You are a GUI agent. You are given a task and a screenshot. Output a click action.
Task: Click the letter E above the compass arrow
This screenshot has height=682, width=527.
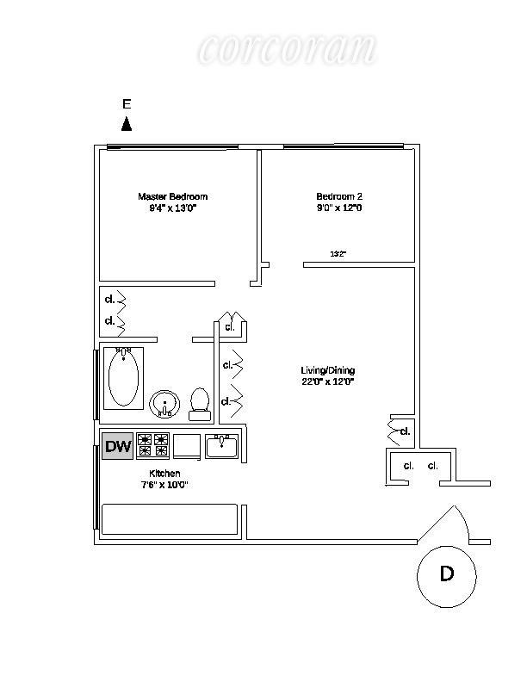tap(127, 104)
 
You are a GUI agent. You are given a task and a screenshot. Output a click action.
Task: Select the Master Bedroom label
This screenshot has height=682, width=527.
tap(173, 196)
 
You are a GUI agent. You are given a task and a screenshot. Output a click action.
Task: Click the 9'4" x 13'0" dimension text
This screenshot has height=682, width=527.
tap(173, 208)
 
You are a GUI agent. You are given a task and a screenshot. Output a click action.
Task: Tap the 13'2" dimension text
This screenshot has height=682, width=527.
tap(338, 254)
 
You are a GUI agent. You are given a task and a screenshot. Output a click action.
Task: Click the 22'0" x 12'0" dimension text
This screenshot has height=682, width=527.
tap(327, 381)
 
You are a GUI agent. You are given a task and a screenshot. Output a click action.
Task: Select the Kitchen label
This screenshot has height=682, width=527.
tap(164, 474)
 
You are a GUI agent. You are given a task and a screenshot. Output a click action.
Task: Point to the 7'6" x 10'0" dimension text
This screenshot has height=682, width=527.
tap(164, 485)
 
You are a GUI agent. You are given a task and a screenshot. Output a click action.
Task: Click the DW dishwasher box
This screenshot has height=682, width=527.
tap(118, 446)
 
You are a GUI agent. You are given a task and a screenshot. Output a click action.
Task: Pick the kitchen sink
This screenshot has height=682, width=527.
tap(222, 445)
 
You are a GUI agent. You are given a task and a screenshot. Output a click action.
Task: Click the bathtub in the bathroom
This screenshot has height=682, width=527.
tap(124, 379)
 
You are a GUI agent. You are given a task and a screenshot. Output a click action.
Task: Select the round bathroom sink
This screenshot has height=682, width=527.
tap(164, 403)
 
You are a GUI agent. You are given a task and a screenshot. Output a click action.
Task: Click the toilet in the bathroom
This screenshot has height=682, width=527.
tap(200, 402)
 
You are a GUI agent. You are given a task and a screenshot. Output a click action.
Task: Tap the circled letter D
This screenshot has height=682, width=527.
tap(447, 574)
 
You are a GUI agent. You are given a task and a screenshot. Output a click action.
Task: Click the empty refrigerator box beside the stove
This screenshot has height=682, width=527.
tap(186, 446)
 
